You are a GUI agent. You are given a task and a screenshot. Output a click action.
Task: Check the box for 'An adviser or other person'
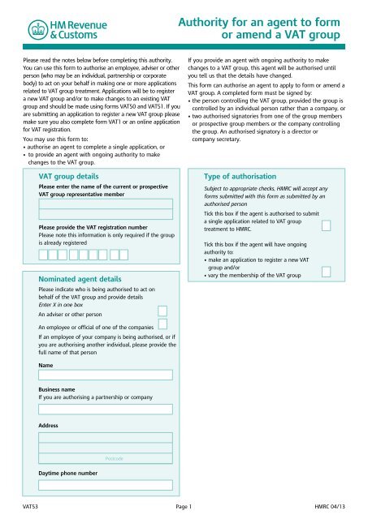[162, 311]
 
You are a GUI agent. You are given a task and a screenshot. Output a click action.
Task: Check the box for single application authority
[326, 225]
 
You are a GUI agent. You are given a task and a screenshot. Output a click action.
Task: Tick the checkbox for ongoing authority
[326, 271]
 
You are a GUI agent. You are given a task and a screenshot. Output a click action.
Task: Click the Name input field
[105, 375]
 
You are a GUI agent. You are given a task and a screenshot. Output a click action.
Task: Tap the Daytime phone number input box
[105, 484]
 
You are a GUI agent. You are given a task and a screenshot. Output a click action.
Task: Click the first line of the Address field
[105, 437]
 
